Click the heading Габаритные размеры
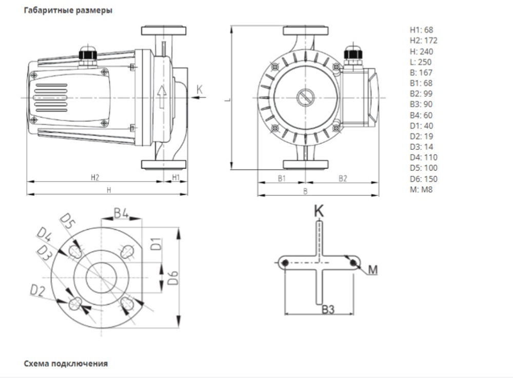[x=68, y=10]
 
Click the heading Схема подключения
[x=66, y=363]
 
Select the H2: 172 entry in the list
[x=424, y=41]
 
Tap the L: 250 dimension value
[x=421, y=62]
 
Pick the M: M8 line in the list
[x=421, y=189]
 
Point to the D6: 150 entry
[x=424, y=179]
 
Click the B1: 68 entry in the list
[x=421, y=83]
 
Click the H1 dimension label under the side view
[x=176, y=177]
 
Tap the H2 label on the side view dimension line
[x=95, y=177]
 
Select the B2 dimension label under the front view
[x=343, y=178]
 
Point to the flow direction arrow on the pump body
[x=162, y=97]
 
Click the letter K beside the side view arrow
[x=200, y=89]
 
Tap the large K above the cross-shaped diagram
[x=319, y=211]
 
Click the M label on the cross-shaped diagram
[x=372, y=270]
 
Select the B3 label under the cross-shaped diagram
[x=328, y=309]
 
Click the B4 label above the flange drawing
[x=121, y=213]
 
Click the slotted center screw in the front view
[x=306, y=97]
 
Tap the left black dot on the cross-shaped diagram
[x=285, y=263]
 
